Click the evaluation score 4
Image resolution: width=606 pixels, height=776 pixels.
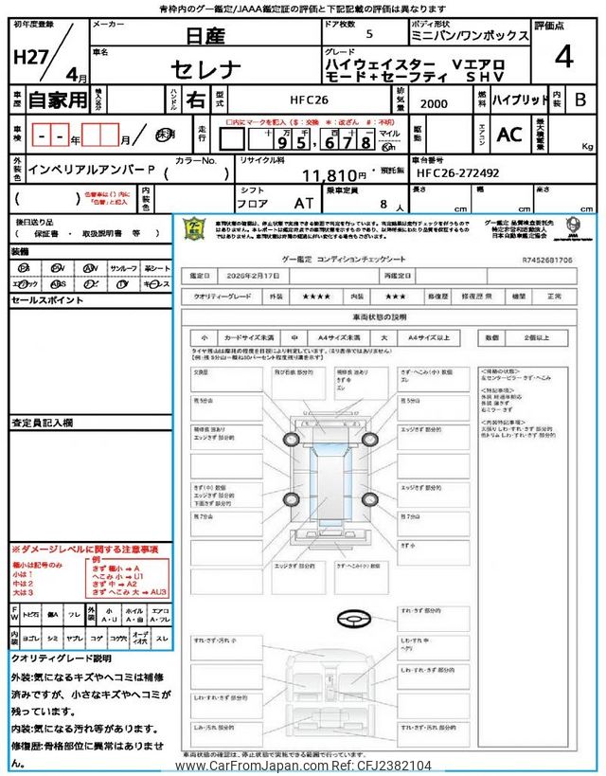tap(563, 57)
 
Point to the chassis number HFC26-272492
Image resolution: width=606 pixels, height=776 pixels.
tap(457, 173)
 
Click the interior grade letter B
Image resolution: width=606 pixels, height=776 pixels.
tap(580, 99)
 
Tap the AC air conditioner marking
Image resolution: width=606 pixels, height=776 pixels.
tap(508, 135)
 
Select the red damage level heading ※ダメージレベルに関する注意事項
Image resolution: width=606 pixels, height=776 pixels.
tap(84, 549)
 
